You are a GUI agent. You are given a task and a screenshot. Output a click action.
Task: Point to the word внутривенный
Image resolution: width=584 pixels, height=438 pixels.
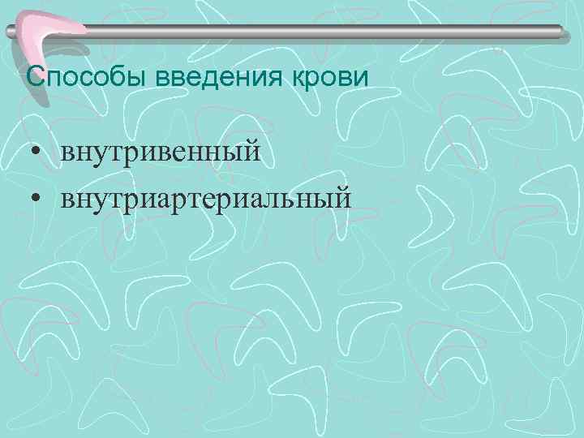coord(160,152)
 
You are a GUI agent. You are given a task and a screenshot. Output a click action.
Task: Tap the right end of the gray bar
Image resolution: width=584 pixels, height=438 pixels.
coord(559,31)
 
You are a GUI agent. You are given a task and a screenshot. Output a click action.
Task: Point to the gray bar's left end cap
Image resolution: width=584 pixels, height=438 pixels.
coord(10,32)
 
